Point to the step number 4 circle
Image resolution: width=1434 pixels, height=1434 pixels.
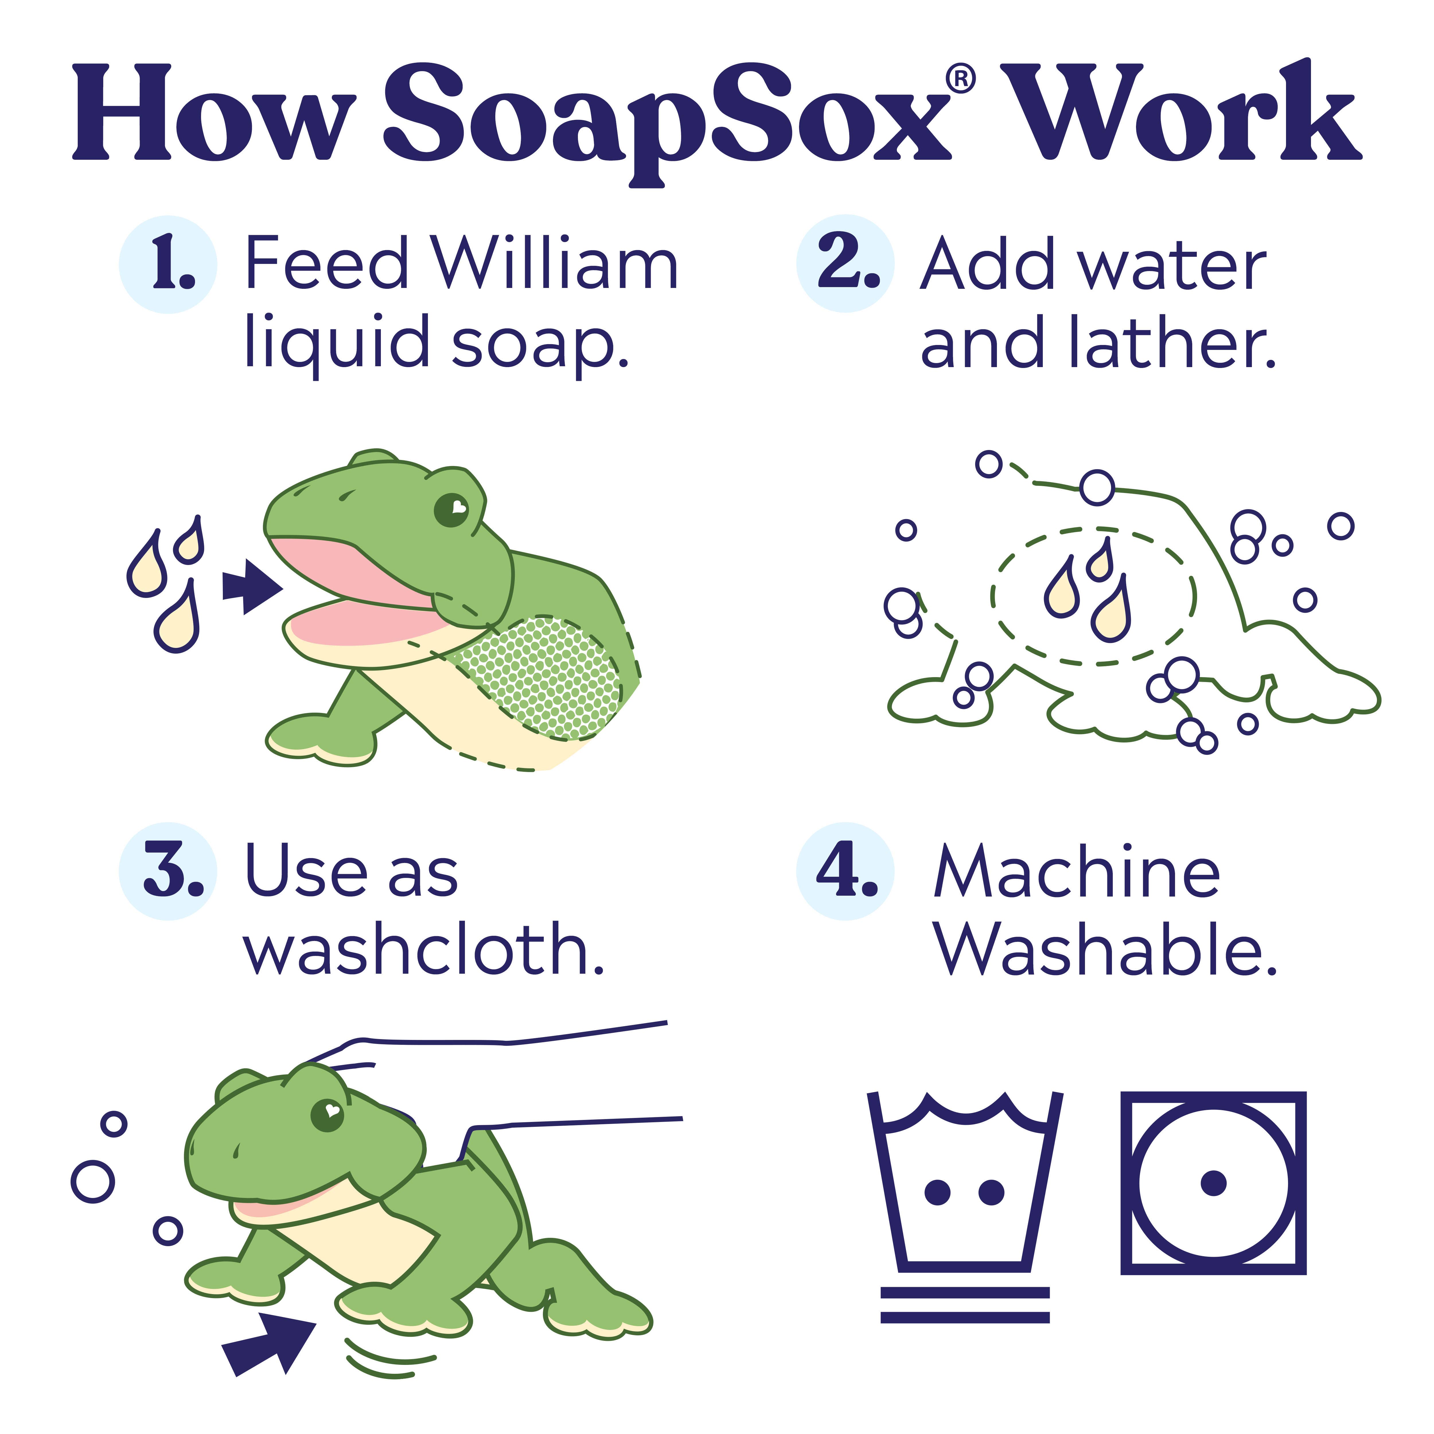pos(845,871)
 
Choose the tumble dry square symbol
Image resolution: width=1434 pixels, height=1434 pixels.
pos(1213,1182)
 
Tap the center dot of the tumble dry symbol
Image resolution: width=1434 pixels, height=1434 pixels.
pos(1213,1182)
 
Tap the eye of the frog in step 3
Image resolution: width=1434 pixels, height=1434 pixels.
pos(327,1115)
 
